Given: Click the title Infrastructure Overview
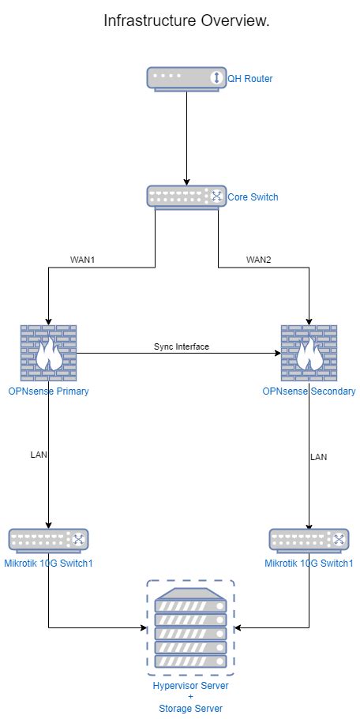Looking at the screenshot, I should [x=186, y=21].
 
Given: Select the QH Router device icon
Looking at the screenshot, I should [x=186, y=78].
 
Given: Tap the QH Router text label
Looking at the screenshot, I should [x=250, y=79].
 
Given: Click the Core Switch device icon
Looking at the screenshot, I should [x=186, y=197].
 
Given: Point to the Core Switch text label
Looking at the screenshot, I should [x=253, y=197].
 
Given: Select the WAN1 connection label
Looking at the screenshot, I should [x=84, y=259].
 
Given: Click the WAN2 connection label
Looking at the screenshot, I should [x=258, y=259].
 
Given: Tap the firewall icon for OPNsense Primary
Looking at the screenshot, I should [x=49, y=353].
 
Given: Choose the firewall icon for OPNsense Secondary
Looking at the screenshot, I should [x=309, y=353].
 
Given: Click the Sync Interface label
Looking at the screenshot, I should [x=181, y=346].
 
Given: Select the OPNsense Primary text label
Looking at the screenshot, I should [x=49, y=391].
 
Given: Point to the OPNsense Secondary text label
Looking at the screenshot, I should [x=309, y=391].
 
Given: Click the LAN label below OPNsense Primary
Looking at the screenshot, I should [x=39, y=455].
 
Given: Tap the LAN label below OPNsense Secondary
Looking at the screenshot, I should [x=318, y=457].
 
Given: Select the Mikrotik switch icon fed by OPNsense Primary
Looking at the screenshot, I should [x=49, y=540].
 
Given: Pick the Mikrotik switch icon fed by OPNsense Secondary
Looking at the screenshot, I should [x=309, y=540].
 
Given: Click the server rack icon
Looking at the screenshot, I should [x=190, y=627].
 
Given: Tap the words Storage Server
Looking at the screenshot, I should [x=190, y=709].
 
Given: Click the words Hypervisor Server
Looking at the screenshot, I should [x=190, y=687].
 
